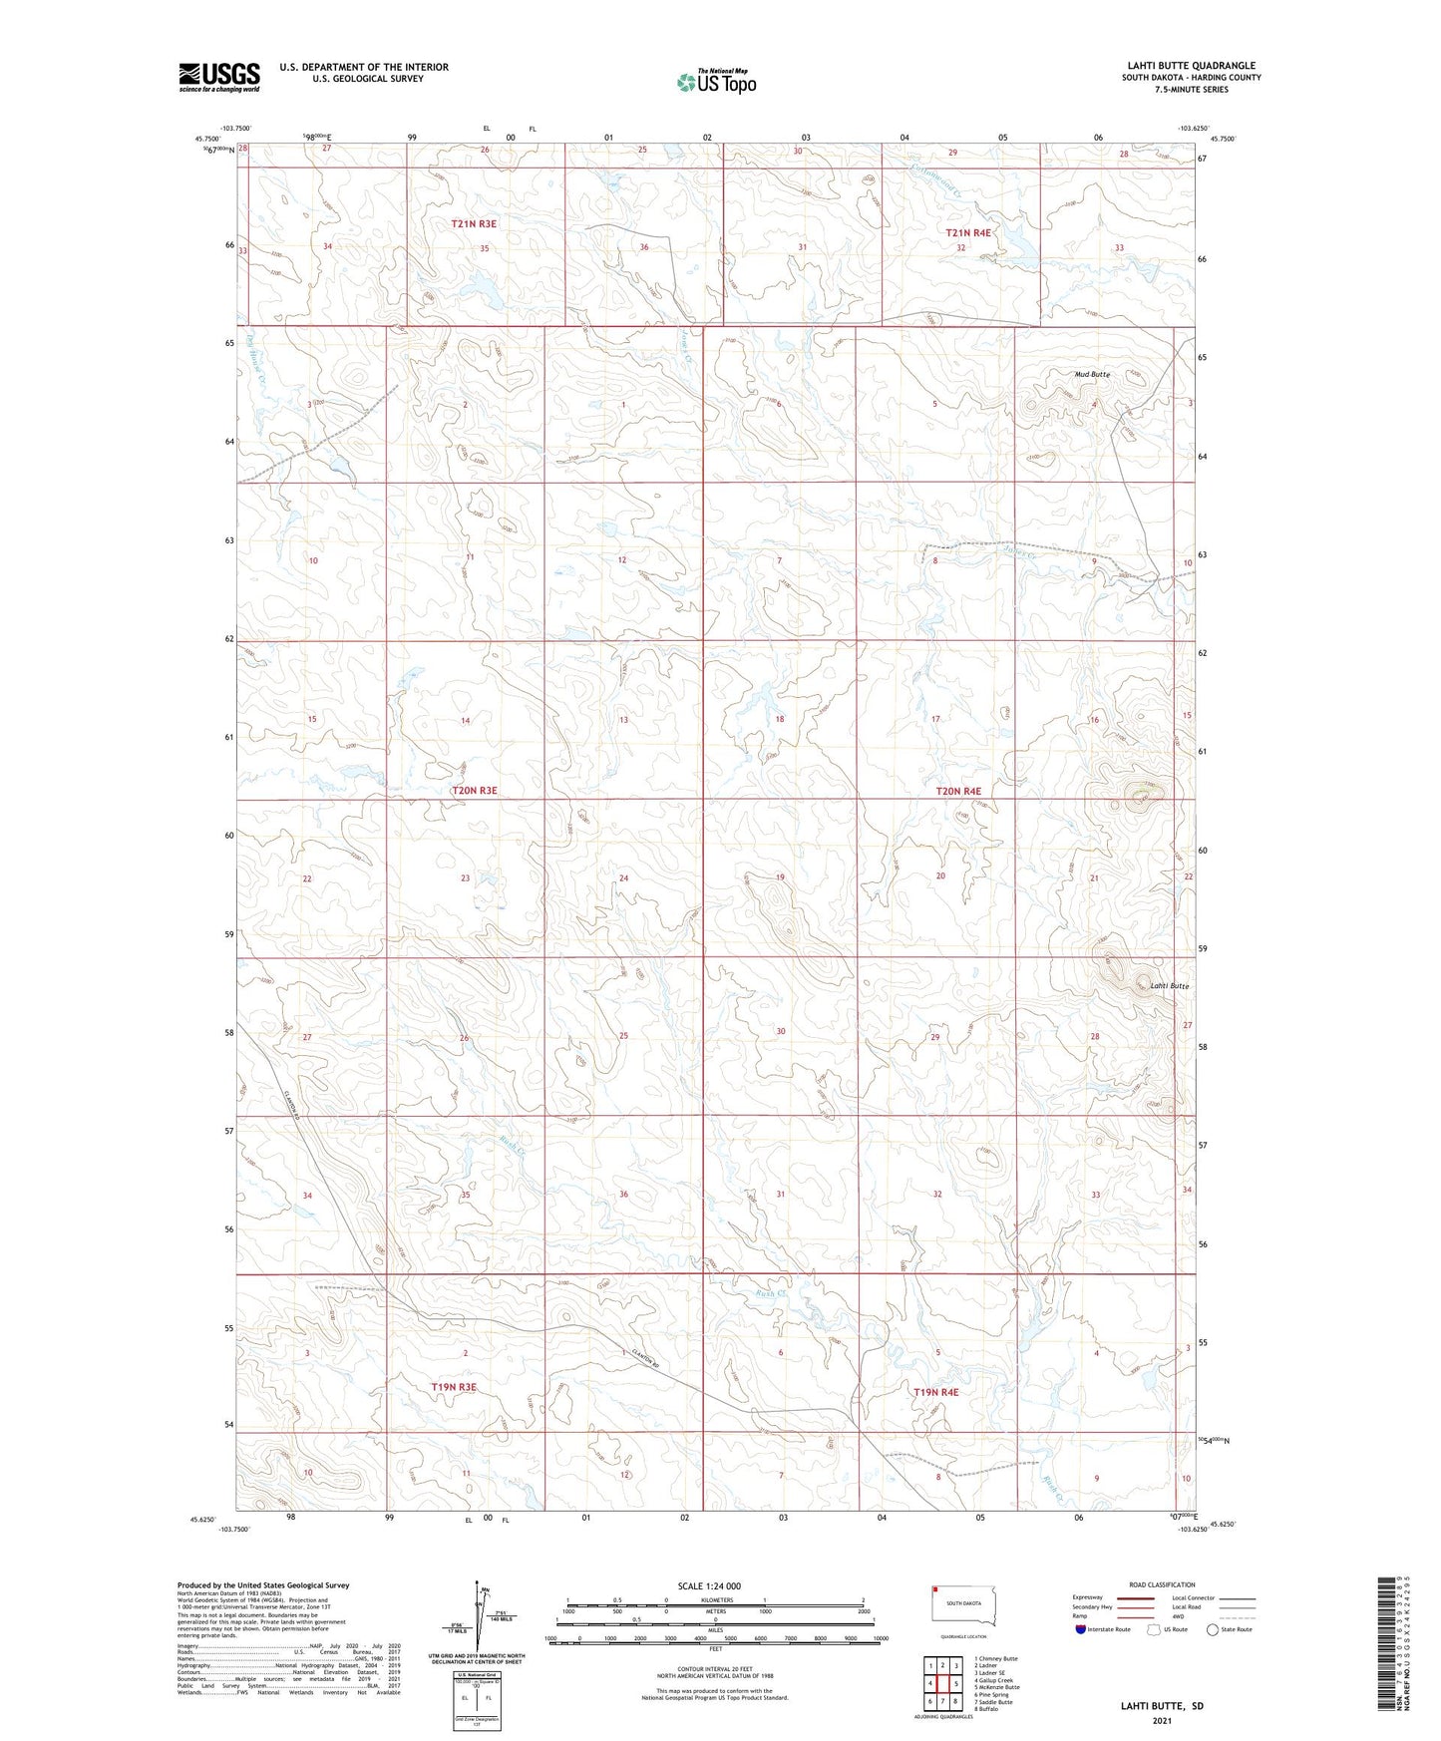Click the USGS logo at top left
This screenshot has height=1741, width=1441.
219,77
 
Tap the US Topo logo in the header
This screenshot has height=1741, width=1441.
716,82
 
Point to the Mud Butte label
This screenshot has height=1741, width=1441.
1092,374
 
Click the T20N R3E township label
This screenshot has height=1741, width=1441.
474,791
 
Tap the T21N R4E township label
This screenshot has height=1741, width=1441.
968,232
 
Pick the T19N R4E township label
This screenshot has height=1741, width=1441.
935,1392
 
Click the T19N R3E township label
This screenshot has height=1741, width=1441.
454,1387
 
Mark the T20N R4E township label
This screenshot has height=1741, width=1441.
958,792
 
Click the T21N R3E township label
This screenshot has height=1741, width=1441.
473,224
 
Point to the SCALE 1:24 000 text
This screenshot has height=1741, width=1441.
709,1585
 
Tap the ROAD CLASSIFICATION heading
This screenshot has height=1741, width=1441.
1163,1584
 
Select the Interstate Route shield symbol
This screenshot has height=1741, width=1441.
1081,1629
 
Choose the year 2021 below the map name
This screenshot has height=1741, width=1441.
1162,1720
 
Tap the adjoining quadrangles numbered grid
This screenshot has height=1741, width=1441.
941,1685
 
